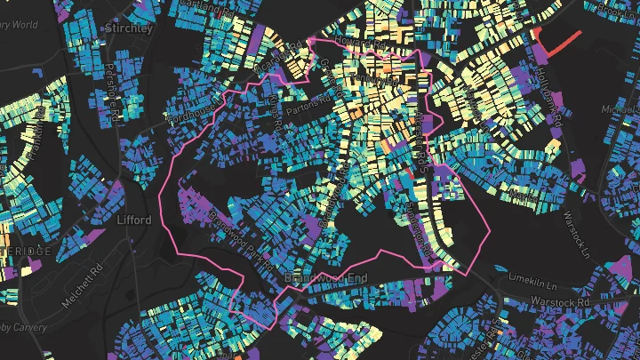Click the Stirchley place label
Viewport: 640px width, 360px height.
click(130, 28)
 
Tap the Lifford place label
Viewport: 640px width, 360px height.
click(133, 220)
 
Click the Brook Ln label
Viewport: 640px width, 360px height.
click(620, 12)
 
